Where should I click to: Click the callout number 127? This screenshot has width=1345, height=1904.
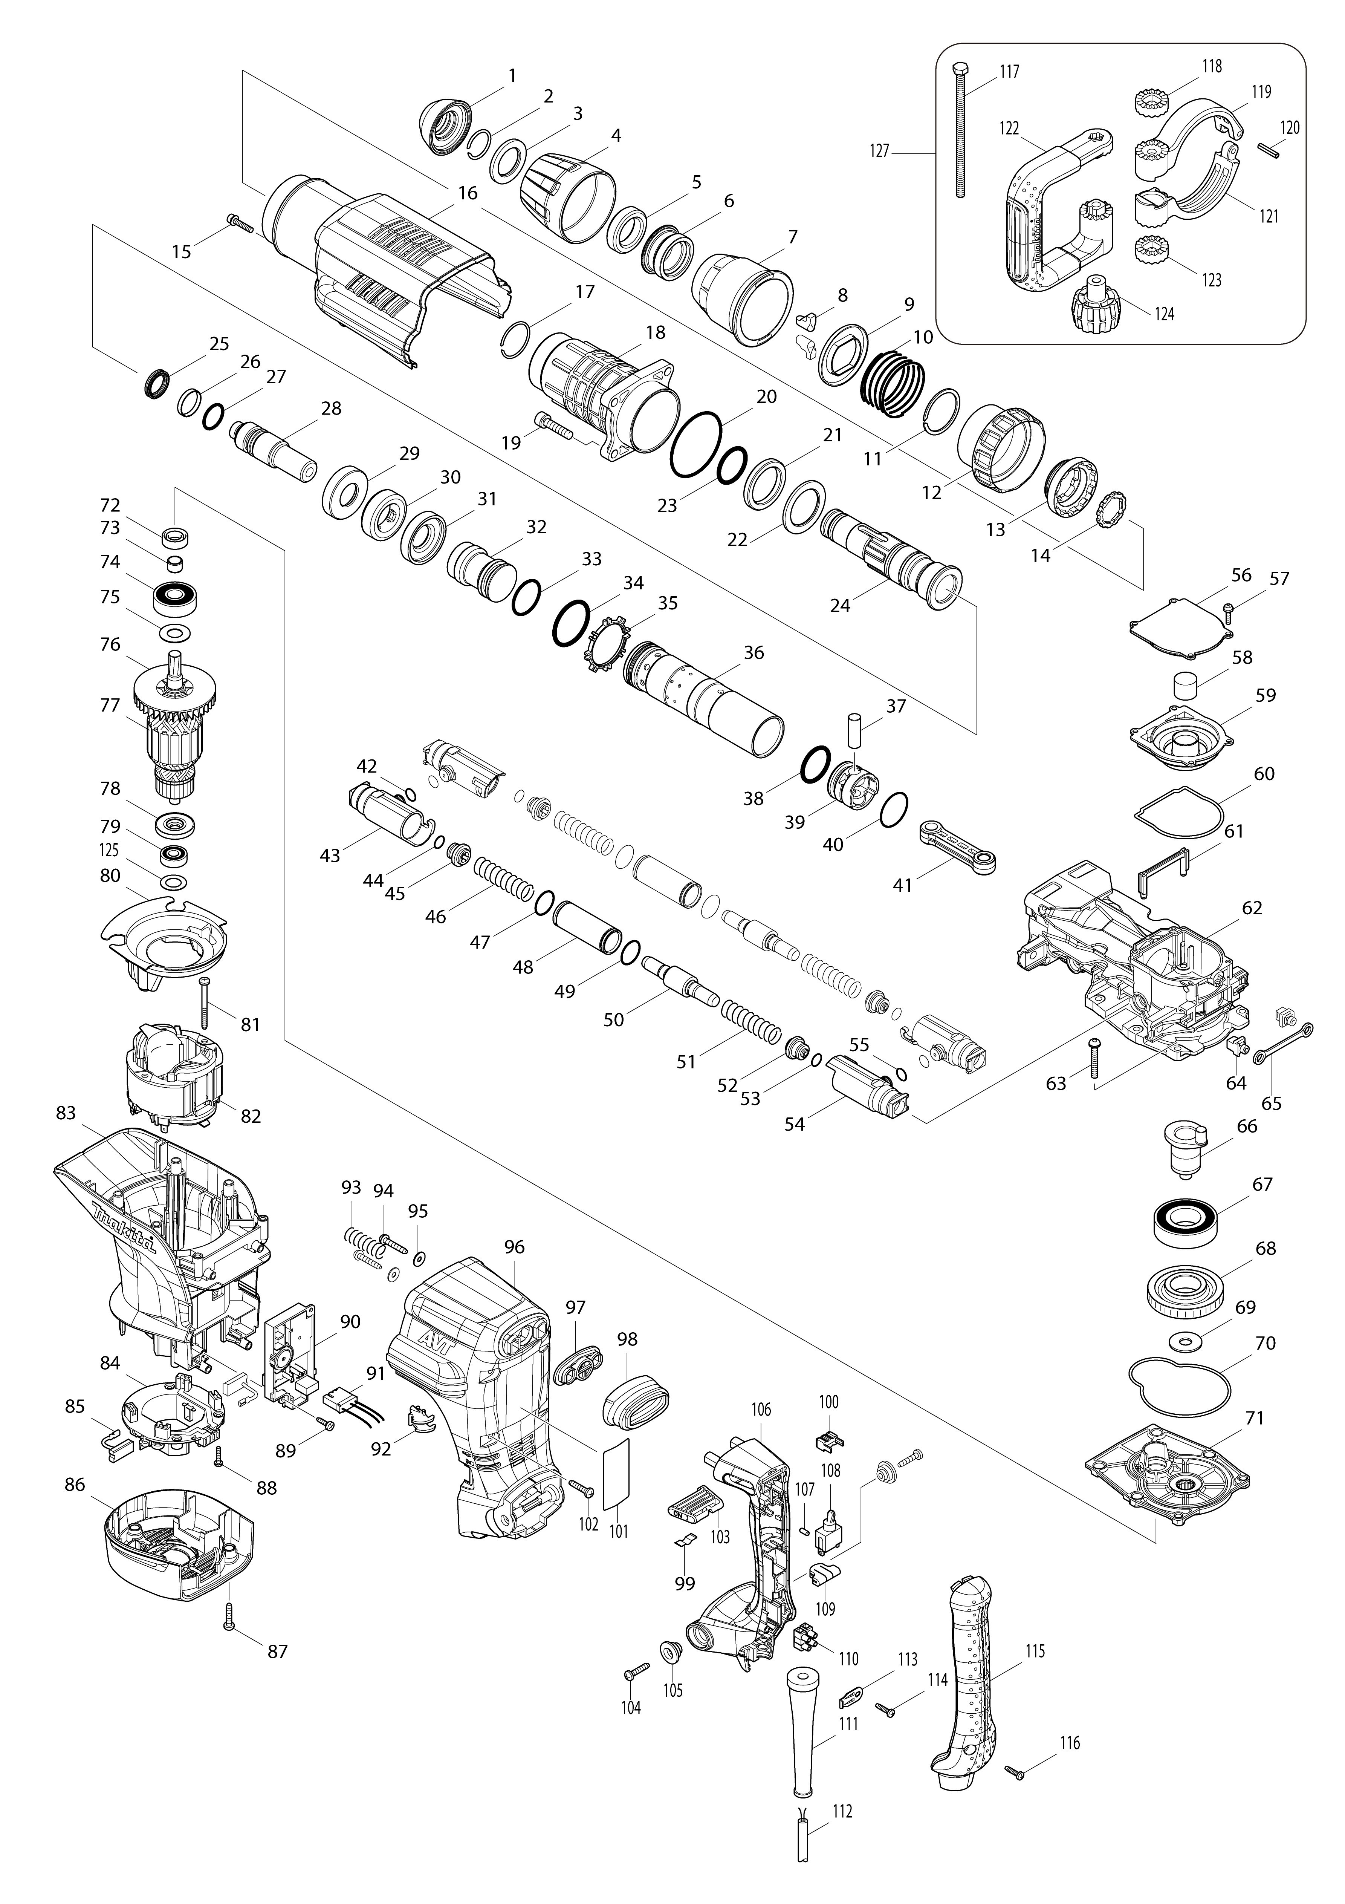(x=880, y=151)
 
